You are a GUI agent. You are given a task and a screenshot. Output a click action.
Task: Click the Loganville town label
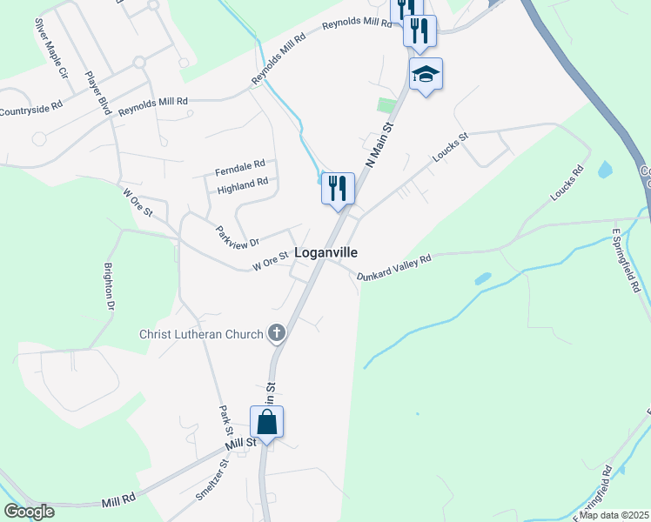click(326, 252)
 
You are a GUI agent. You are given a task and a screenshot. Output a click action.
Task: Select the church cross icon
click(276, 331)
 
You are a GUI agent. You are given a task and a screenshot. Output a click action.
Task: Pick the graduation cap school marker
click(426, 74)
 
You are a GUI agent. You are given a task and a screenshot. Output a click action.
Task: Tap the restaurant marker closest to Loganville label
click(338, 188)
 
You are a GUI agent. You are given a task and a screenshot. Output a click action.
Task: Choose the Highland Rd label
click(243, 184)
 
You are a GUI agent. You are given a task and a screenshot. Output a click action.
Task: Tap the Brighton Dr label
click(110, 286)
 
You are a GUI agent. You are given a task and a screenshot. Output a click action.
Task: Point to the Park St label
click(226, 421)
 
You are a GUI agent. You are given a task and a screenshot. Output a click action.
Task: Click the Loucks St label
click(451, 148)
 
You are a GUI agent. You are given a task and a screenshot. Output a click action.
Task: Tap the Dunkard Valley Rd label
click(394, 268)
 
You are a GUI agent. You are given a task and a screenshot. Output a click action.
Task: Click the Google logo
click(29, 512)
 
